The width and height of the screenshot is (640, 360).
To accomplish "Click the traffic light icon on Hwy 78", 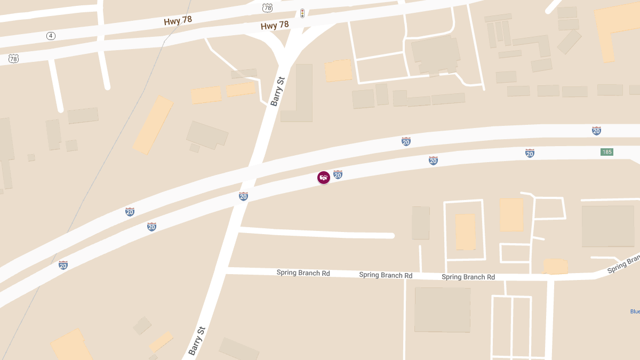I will point(302,13).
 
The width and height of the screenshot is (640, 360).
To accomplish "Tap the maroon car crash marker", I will point(323,178).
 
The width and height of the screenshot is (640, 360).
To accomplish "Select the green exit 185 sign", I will point(607,152).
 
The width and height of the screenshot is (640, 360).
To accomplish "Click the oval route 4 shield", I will point(51,36).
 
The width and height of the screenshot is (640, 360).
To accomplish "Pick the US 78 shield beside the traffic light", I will point(268,7).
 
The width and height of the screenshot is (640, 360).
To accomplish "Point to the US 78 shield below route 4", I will point(13,58).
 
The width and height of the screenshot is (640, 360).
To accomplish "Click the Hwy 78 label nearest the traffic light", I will point(275,25).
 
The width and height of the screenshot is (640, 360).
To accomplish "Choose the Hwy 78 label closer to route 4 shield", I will point(178,20).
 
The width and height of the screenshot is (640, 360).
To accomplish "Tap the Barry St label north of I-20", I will point(278,92).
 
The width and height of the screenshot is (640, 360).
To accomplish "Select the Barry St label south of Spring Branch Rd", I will point(196,341).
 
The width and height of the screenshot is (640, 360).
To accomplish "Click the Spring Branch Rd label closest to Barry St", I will point(303,273).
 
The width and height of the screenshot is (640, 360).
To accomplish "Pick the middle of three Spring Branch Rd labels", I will point(386,275).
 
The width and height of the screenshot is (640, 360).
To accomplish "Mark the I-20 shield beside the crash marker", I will point(338,174).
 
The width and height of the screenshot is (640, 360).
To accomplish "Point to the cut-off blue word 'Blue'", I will point(635,311).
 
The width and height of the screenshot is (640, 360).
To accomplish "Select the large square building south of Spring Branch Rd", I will point(442,309).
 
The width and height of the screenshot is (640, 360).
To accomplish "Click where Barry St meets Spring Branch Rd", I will point(223,271).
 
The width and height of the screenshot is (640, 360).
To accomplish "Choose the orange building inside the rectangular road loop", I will point(465,231).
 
